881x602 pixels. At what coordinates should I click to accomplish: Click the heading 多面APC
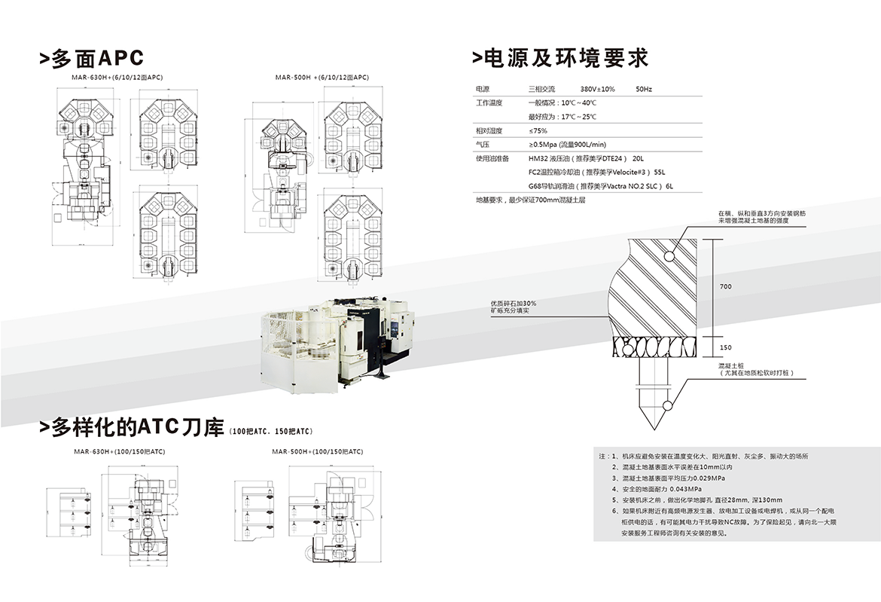coord(91,59)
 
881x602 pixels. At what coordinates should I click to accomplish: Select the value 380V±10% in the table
coord(598,89)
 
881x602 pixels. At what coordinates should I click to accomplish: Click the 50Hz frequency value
coord(644,89)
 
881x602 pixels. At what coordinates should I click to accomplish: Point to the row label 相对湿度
coord(489,130)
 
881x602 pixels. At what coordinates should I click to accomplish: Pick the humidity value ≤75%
coord(538,130)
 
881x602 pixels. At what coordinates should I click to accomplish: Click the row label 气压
coord(483,144)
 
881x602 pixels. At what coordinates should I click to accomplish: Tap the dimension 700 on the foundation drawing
coord(725,287)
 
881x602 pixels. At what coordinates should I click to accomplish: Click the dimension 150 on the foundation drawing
coord(725,347)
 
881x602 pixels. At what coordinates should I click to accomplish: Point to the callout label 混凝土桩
coord(731,366)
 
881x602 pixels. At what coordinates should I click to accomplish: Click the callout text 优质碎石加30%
coord(514,303)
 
